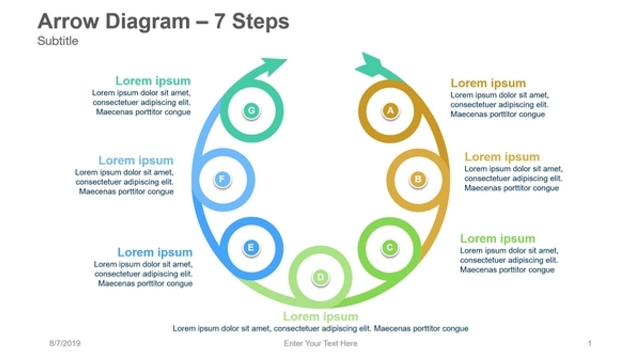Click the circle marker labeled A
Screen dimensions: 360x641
(x=391, y=111)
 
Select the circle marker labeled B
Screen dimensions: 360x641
(x=418, y=179)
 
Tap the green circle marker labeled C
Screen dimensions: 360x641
(x=390, y=247)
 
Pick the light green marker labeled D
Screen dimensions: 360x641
(x=320, y=277)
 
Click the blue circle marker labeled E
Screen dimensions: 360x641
(x=251, y=247)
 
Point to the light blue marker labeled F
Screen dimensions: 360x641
(x=222, y=179)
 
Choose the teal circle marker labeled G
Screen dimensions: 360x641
(x=251, y=111)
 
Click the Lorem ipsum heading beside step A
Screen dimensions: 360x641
(x=488, y=83)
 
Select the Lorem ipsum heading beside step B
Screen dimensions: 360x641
(x=502, y=157)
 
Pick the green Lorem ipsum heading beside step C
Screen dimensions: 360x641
(x=497, y=238)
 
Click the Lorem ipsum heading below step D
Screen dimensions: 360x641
(x=320, y=316)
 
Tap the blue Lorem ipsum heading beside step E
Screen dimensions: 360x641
(x=155, y=252)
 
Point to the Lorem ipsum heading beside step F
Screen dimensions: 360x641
(x=136, y=160)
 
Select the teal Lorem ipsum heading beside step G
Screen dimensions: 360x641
(x=153, y=81)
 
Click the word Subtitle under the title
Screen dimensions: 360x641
(x=58, y=41)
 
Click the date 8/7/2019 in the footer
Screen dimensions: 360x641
(x=65, y=343)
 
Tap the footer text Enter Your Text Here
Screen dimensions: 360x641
(x=320, y=343)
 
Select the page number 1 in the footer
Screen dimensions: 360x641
(x=589, y=343)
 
